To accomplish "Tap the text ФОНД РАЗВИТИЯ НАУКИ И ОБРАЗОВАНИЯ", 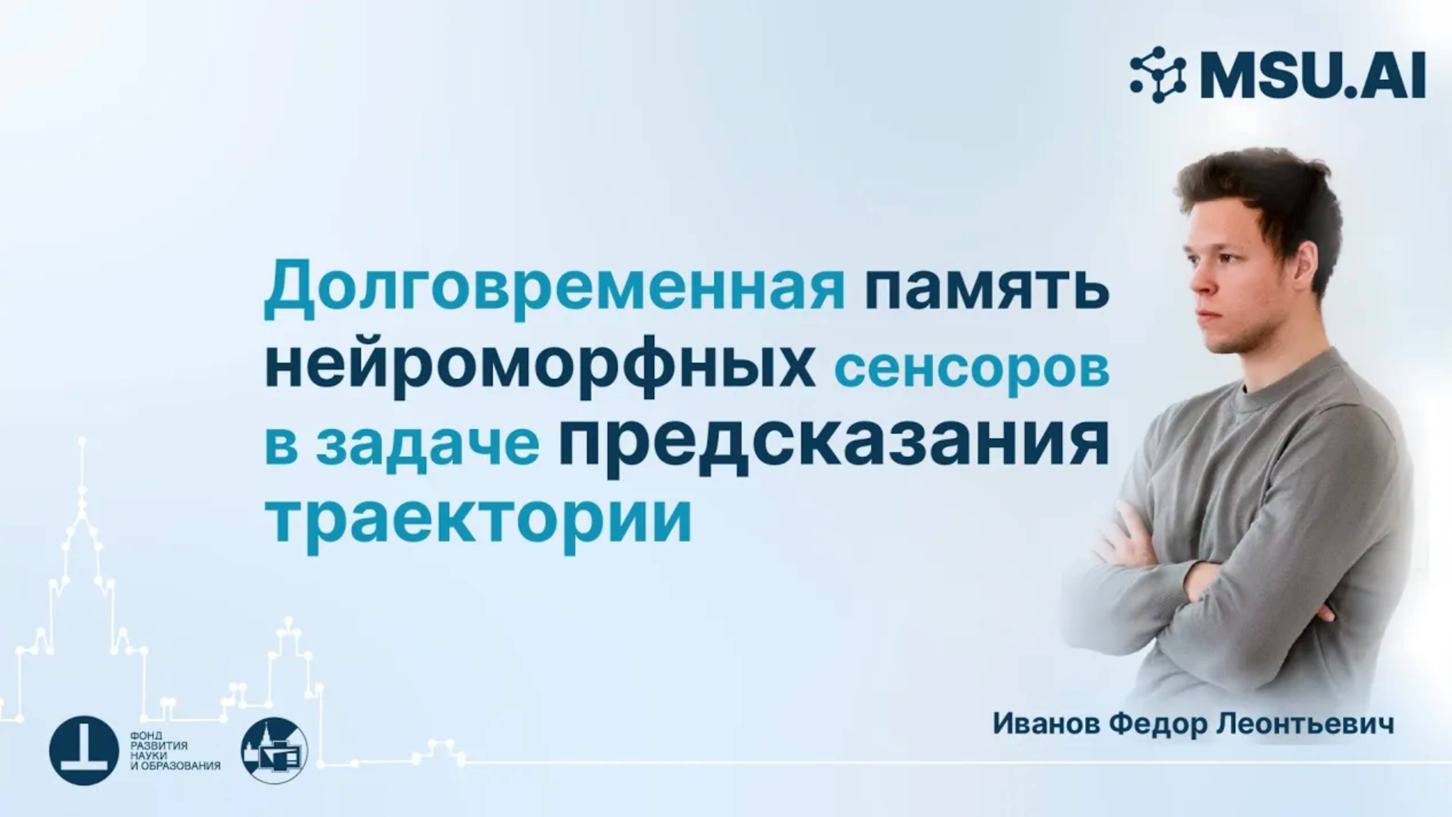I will coord(175,751).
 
